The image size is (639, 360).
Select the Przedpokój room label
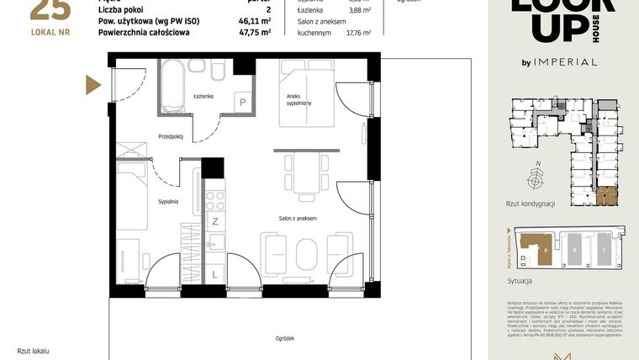point(171,136)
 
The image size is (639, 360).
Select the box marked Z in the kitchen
point(215,222)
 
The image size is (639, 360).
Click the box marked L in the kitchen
point(215,274)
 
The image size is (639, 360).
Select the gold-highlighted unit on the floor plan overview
point(606,196)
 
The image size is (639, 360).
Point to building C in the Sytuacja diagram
point(604,249)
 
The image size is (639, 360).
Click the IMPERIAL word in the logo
point(568,61)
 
